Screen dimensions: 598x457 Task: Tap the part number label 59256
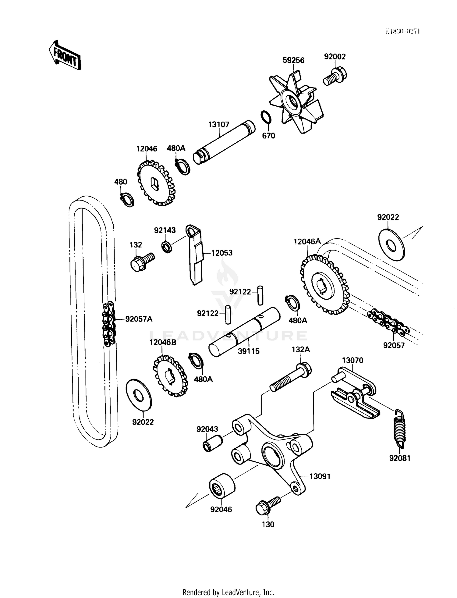293,60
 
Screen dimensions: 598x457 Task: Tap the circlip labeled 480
127,200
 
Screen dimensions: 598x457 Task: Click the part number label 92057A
139,319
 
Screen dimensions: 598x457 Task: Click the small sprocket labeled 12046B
169,376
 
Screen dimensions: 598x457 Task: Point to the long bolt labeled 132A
291,377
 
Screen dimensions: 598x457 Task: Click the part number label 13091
320,476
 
